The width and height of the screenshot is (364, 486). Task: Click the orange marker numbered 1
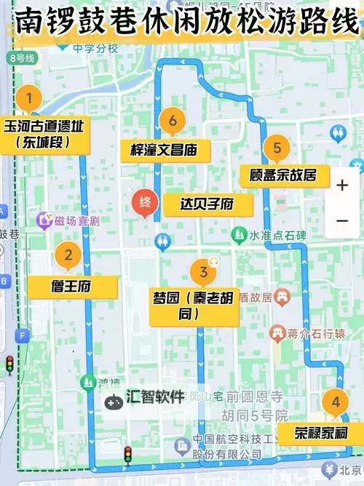point(29,97)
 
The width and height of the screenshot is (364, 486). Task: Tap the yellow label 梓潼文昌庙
point(165,151)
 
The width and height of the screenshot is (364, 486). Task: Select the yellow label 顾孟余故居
point(284,175)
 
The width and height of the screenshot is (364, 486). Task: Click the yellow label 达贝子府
point(207,204)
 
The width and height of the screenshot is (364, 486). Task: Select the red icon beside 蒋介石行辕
point(277,333)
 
